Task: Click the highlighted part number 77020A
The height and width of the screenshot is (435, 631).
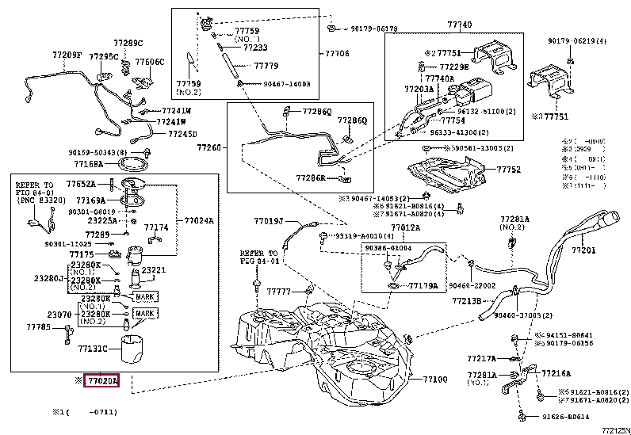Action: click(101, 381)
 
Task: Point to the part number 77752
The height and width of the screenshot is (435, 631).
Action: click(509, 170)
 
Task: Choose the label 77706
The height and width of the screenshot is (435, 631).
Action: click(337, 54)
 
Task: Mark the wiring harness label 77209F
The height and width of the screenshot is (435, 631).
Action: click(67, 55)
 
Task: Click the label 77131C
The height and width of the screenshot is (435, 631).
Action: click(93, 347)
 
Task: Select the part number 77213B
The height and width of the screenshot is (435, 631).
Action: click(467, 301)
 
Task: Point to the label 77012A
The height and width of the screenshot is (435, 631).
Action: click(405, 227)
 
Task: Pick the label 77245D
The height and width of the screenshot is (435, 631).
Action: click(182, 133)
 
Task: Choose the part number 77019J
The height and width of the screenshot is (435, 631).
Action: click(269, 221)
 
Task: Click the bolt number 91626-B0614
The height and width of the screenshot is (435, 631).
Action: click(566, 417)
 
